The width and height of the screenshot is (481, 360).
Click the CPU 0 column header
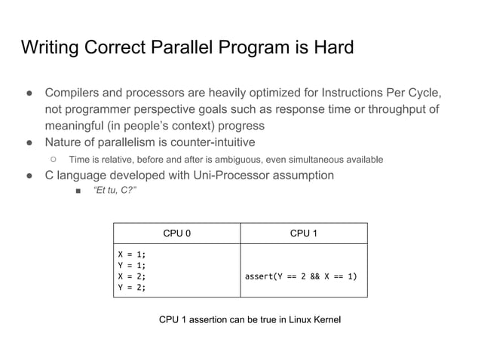[176, 233]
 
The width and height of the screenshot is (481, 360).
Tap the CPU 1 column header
[303, 233]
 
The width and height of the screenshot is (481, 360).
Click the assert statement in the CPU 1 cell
[301, 276]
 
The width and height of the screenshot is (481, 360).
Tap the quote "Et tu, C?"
[114, 191]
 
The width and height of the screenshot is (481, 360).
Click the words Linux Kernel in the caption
[311, 320]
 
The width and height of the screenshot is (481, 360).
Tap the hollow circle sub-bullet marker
[54, 159]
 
